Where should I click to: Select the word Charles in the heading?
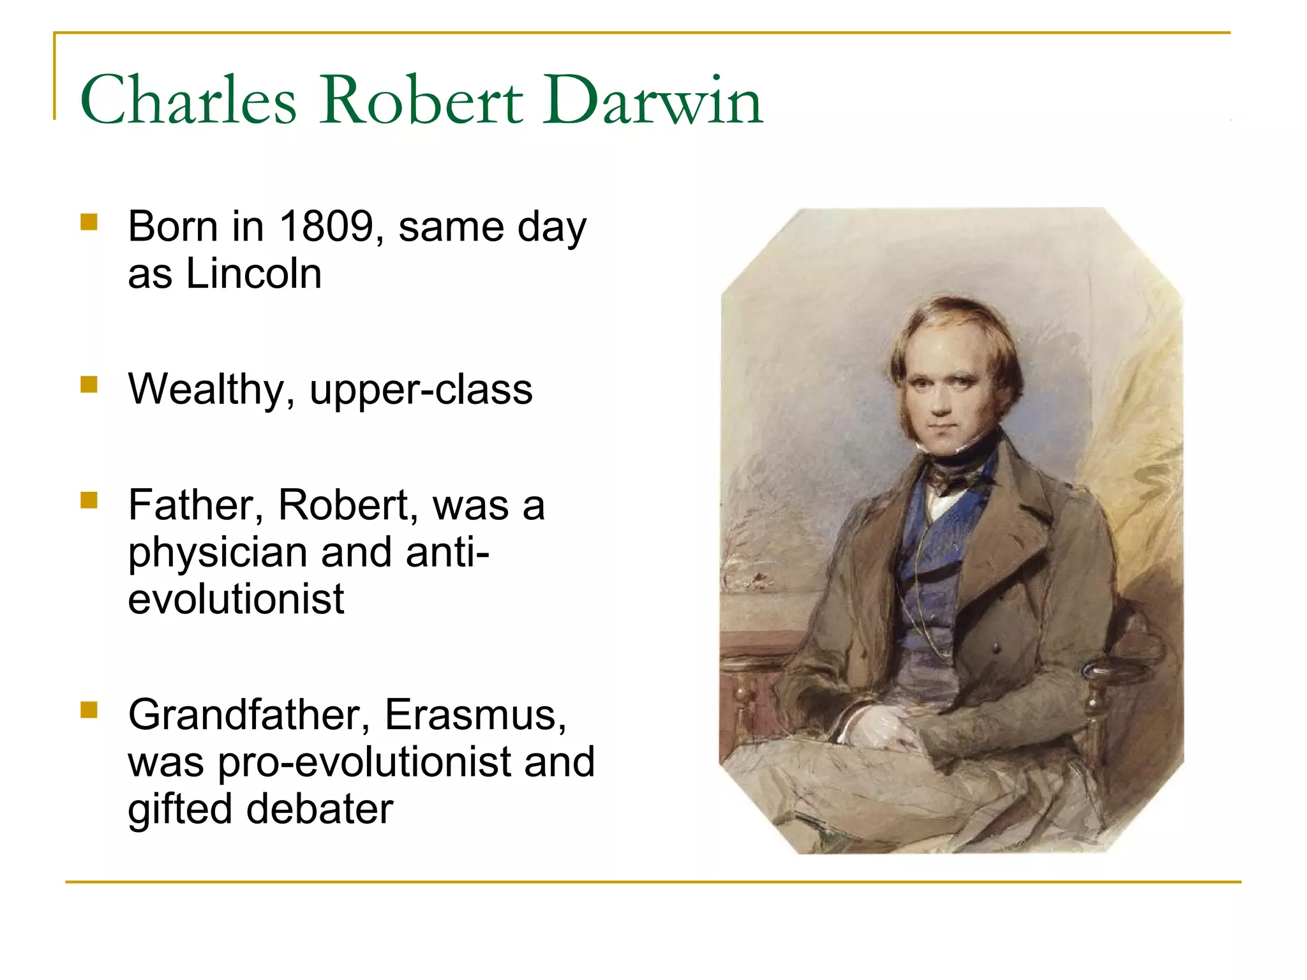[188, 100]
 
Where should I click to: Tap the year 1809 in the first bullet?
[326, 226]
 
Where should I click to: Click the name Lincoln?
[253, 274]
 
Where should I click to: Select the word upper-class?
[421, 389]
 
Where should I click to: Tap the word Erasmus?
[475, 715]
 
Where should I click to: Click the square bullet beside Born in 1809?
[89, 222]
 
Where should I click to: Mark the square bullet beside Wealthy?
[89, 385]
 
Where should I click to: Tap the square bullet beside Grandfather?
[89, 710]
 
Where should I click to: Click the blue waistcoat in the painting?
[925, 574]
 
